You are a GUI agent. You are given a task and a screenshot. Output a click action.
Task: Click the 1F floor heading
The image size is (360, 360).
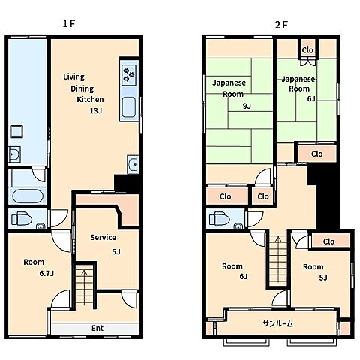pos(69,24)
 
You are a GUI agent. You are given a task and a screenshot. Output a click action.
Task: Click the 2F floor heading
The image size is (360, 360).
pos(281,25)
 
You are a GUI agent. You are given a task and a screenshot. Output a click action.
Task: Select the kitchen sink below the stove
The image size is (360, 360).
pos(129,106)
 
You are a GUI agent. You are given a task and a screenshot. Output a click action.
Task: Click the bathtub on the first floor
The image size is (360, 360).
pos(28,196)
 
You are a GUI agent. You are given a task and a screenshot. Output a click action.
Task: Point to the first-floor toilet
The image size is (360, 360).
pos(22,219)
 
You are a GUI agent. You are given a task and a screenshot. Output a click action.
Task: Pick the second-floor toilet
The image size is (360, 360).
pos(220,219)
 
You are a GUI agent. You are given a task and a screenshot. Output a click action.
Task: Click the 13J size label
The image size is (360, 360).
pos(96,110)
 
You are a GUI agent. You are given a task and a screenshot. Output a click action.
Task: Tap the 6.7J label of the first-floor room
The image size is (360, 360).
pos(46,273)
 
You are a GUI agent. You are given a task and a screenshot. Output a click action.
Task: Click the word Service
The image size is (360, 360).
pos(103,237)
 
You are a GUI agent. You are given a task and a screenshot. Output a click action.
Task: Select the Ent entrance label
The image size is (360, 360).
pos(97,328)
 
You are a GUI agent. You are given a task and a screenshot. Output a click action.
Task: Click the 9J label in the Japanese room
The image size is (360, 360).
pos(247,106)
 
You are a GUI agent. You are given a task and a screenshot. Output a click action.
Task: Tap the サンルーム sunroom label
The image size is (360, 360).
pos(278,324)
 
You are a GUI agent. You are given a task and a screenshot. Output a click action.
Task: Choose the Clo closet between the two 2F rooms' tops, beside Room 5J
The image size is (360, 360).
pos(328,241)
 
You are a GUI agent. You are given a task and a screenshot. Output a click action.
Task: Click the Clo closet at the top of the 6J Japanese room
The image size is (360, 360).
pos(307,50)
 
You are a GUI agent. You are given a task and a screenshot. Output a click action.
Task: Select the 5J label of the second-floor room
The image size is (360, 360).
pos(323,277)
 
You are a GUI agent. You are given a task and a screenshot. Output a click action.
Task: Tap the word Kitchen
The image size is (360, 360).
pos(90,99)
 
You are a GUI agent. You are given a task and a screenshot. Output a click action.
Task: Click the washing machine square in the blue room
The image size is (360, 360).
pos(16,131)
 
